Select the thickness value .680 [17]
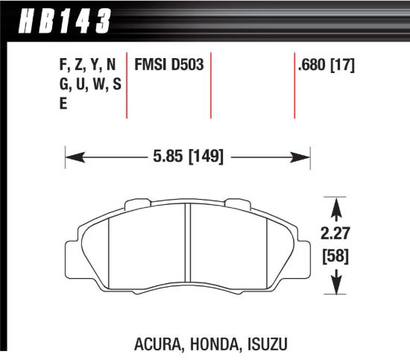point(326,65)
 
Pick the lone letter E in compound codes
point(63,104)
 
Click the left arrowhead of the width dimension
point(72,157)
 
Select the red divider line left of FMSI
point(128,85)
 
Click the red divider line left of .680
point(294,85)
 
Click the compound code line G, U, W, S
point(89,85)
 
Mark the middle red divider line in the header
point(212,85)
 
